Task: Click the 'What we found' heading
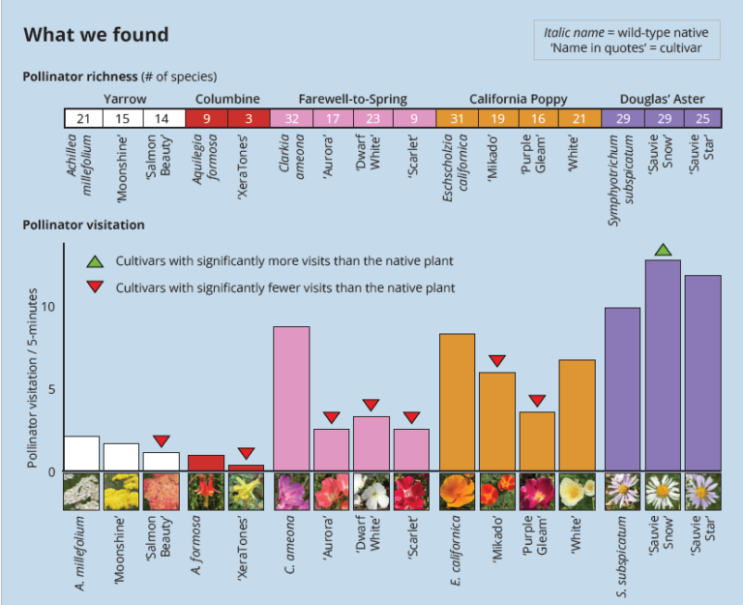coord(96,36)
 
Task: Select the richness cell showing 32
coord(292,119)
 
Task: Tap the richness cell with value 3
coord(249,119)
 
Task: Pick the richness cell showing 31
coord(457,119)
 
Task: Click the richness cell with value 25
coord(703,119)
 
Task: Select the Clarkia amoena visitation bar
coord(292,398)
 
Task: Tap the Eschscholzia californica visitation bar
coord(457,402)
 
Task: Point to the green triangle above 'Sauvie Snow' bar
coord(663,251)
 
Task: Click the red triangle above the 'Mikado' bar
coord(497,361)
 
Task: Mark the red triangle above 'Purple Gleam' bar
coord(538,401)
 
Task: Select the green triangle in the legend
coord(95,261)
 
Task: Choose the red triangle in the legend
coord(95,287)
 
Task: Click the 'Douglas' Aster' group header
coord(662,99)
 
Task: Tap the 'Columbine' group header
coord(227,99)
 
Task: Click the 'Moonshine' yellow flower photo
coord(121,492)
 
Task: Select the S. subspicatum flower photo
coord(622,492)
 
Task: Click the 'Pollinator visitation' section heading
coord(83,225)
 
